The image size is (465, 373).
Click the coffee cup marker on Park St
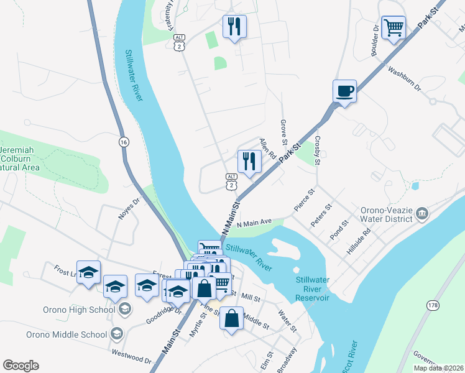[x=345, y=91]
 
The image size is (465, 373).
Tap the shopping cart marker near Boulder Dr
[x=394, y=28]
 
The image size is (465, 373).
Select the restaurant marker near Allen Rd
[x=249, y=162]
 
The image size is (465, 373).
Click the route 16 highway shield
[x=124, y=142]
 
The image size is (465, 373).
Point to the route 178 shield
[x=433, y=305]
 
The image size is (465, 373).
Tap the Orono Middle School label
[x=67, y=334]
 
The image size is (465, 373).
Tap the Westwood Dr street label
[x=131, y=356]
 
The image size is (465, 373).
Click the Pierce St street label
[x=305, y=201]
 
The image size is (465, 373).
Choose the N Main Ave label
[x=255, y=223]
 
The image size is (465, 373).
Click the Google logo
[x=21, y=366]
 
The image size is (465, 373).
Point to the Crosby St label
[x=317, y=150]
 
